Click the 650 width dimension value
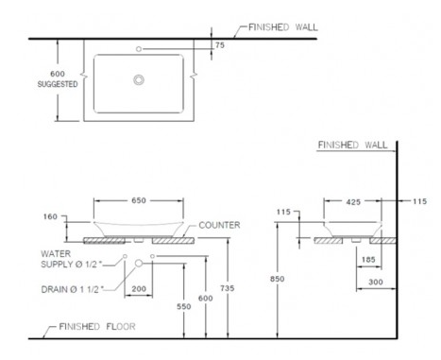click(139, 200)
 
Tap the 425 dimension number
click(353, 202)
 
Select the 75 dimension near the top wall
click(220, 45)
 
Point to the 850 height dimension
click(277, 279)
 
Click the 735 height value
click(228, 288)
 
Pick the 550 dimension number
click(184, 306)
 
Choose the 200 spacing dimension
click(139, 289)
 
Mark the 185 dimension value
click(368, 260)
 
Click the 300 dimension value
click(376, 282)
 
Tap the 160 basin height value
click(50, 216)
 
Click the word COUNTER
click(219, 225)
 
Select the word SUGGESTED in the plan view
click(58, 84)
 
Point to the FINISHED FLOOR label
click(97, 327)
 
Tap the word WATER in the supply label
click(56, 254)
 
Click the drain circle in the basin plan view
click(139, 79)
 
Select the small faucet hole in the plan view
click(139, 49)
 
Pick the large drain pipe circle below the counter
click(139, 264)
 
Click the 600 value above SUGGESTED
click(58, 74)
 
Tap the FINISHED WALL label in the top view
click(283, 27)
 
